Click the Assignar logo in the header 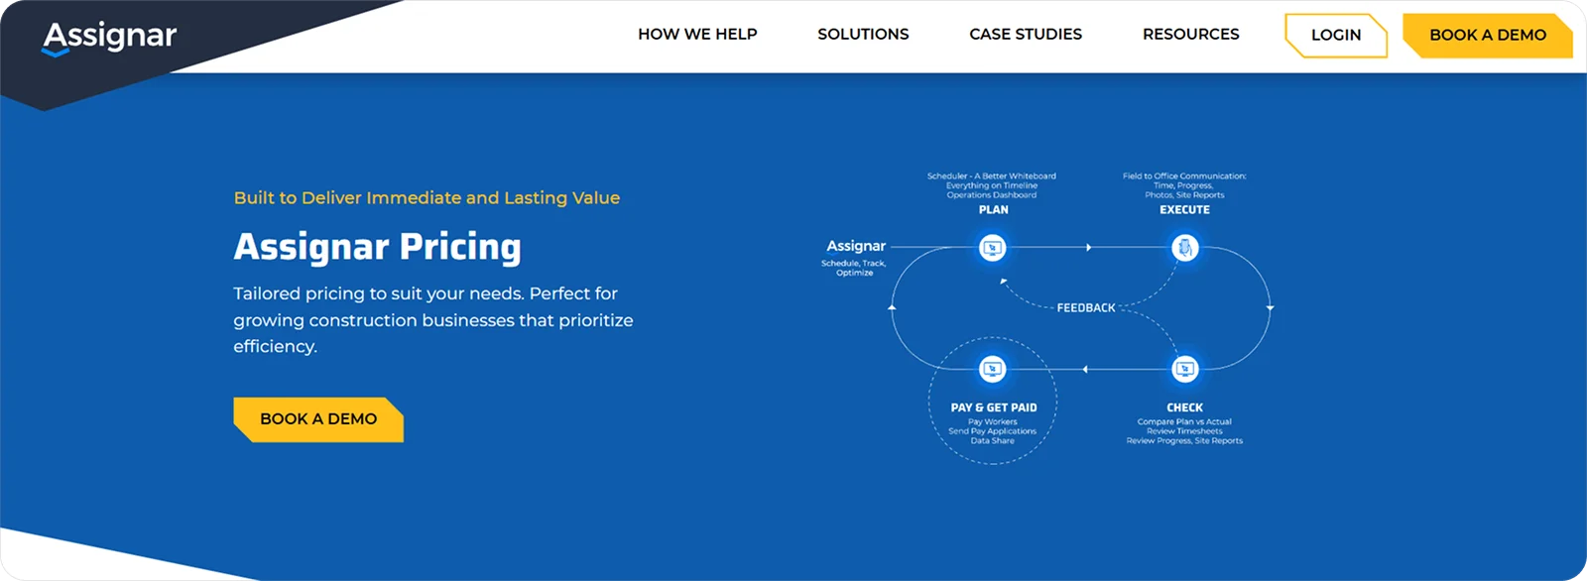point(109,37)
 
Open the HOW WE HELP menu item point(697,35)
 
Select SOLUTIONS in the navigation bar point(863,35)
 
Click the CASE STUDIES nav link point(1026,35)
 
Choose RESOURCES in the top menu point(1190,35)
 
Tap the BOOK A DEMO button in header point(1487,36)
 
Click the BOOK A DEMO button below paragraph point(317,419)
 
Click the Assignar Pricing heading point(377,247)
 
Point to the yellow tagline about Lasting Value point(427,198)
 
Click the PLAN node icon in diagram point(992,248)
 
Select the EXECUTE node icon point(1184,248)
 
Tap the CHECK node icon point(1184,370)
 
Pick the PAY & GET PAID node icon point(992,370)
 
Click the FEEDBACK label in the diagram point(1086,308)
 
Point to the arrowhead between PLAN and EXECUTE point(1088,248)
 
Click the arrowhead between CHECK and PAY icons point(1085,370)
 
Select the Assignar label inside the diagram point(856,246)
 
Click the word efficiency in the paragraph point(275,347)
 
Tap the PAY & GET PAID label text point(993,407)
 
